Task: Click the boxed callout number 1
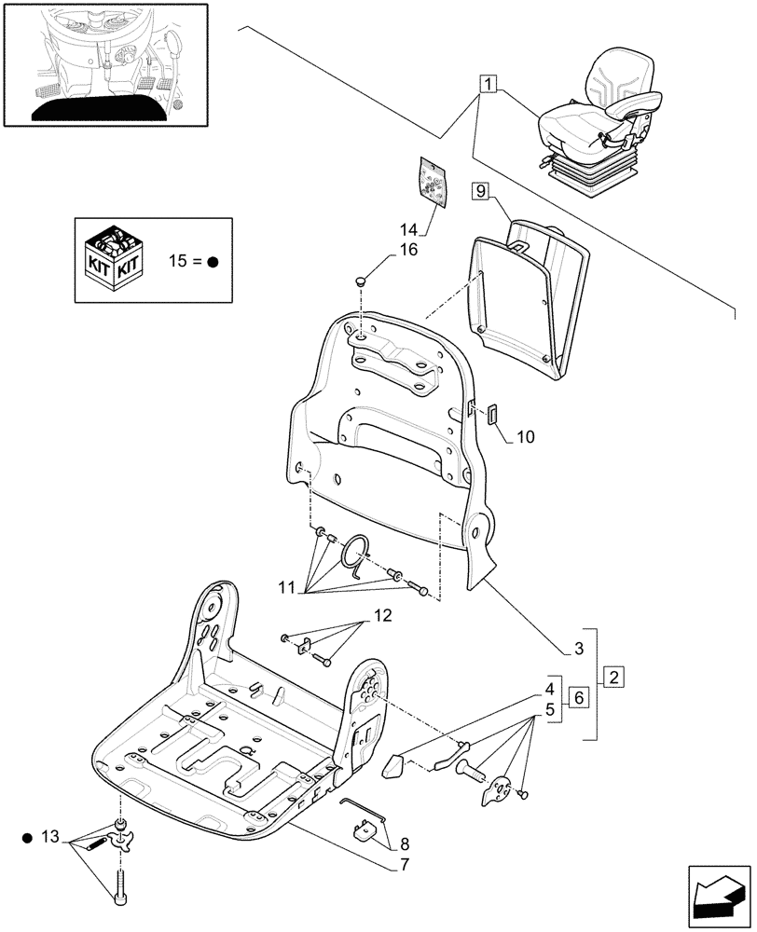tap(487, 84)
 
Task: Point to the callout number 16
tap(384, 250)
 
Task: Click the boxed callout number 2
tap(613, 677)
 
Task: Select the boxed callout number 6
tap(577, 698)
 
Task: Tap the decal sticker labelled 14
tap(432, 179)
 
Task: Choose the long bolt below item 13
tap(121, 884)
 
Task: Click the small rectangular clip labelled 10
tap(494, 415)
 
